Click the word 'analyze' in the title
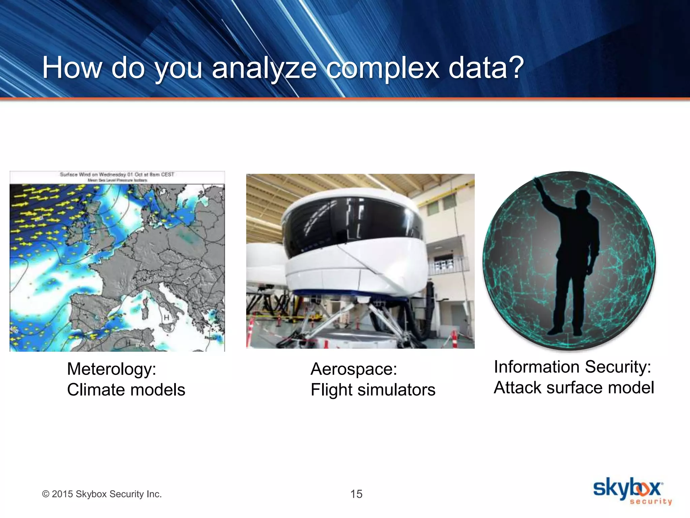pos(264,68)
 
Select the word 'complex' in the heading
pos(383,68)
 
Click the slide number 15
pos(356,494)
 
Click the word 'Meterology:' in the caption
pos(112,369)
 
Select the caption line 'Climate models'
pos(126,390)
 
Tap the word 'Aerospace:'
pos(354,369)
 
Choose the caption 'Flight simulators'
pos(373,390)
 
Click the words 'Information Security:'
pos(572,367)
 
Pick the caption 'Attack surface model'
pos(574,387)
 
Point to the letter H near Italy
pos(166,317)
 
